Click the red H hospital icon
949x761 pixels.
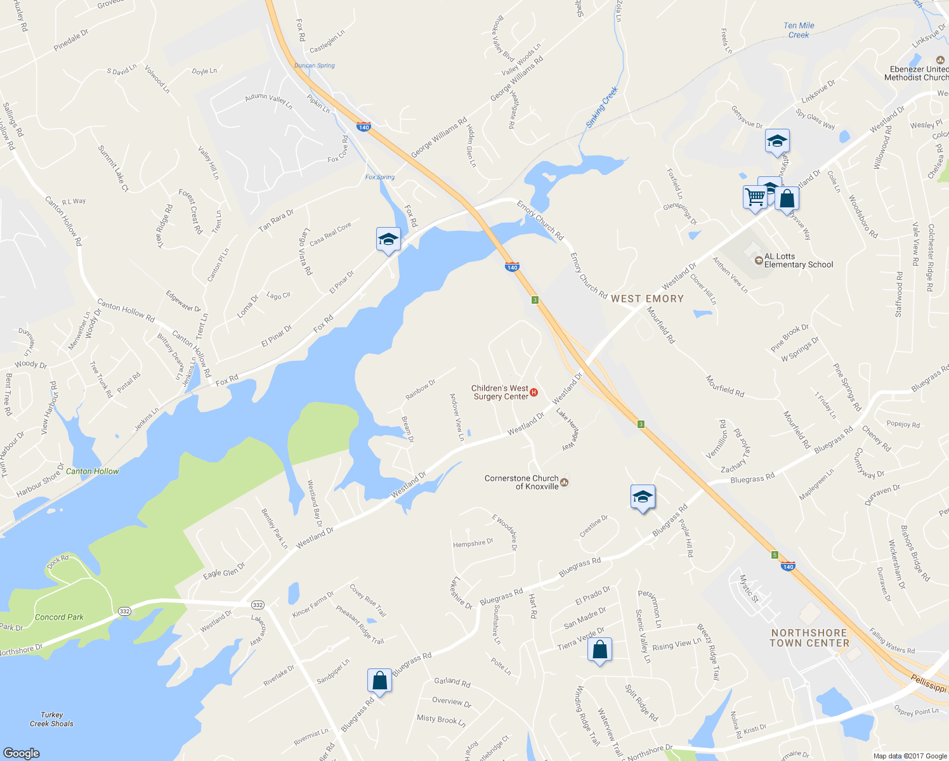coord(533,393)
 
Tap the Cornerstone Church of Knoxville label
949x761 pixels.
coord(521,483)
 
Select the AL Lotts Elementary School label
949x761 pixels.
coord(798,261)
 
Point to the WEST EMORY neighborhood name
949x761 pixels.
coord(647,299)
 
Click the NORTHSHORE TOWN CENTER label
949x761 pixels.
coord(809,638)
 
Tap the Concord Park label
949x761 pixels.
coord(59,617)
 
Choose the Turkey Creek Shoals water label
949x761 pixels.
coord(51,719)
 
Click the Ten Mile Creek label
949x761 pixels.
coord(799,30)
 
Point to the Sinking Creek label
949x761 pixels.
coord(601,108)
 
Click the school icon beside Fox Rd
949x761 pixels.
coord(388,239)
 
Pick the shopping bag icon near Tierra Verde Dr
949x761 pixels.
coord(599,650)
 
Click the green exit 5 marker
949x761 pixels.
coord(775,555)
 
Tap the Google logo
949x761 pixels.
coord(21,753)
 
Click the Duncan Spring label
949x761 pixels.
coord(315,65)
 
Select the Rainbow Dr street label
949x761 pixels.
coord(421,389)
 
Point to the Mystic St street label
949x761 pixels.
coord(749,588)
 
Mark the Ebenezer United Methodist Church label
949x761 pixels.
coord(919,74)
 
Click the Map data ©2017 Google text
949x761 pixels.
coord(910,756)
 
